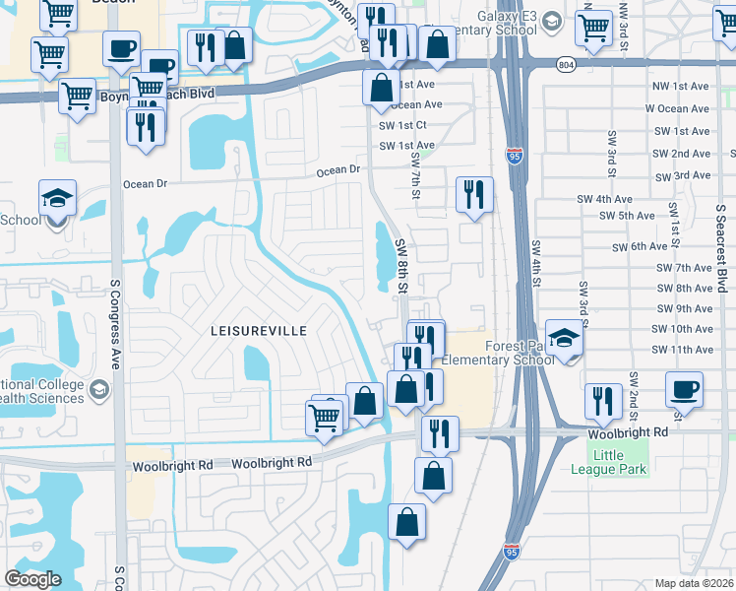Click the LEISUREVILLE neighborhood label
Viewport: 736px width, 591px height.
[257, 330]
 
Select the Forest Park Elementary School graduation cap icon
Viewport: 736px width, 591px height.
[564, 339]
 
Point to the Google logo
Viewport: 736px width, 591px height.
[32, 579]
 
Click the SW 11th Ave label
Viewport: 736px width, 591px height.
[682, 351]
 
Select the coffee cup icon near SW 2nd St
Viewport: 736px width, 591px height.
[683, 387]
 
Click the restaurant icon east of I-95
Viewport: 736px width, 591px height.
[602, 399]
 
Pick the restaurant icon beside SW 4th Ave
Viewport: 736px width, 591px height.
[474, 194]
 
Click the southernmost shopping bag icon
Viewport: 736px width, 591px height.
[406, 521]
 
